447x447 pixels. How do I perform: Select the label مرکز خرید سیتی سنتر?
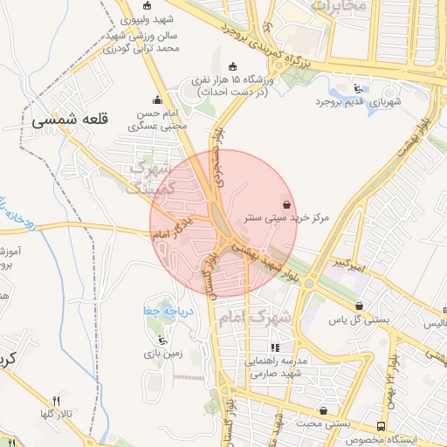tap(286, 218)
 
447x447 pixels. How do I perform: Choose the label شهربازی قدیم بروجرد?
tap(359, 102)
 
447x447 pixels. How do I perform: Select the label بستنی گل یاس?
tap(357, 320)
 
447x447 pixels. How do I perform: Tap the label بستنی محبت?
tap(324, 423)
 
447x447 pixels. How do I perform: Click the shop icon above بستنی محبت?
tap(324, 409)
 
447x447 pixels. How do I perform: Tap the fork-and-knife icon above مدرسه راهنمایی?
tap(274, 347)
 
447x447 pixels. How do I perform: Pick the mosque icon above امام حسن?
tap(157, 100)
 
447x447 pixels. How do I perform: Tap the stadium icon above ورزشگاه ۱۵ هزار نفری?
tap(231, 66)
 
